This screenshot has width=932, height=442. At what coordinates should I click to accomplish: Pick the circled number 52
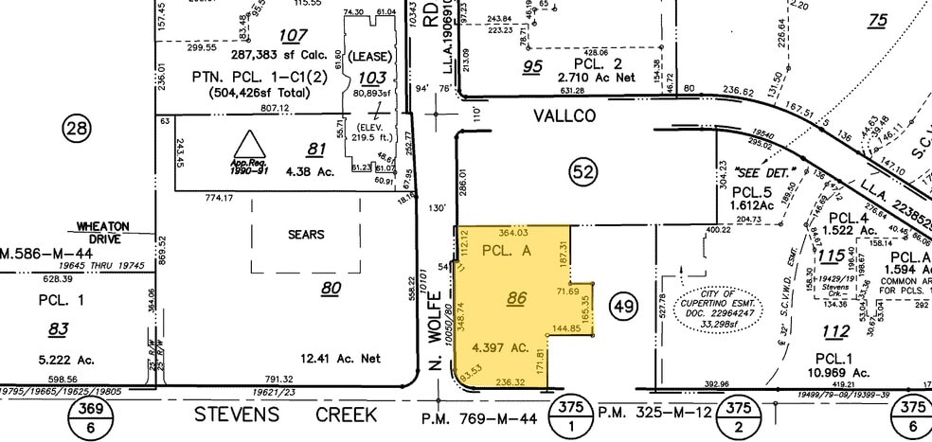(x=584, y=171)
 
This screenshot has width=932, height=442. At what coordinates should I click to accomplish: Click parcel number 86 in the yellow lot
(x=516, y=298)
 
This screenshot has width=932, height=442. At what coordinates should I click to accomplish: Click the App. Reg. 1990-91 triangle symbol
(x=249, y=149)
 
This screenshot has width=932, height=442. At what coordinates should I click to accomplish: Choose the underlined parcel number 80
(x=331, y=288)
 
